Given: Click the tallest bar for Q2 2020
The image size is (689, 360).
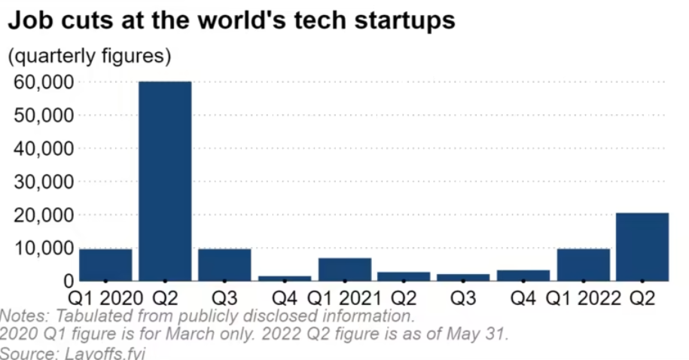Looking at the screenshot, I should (x=165, y=181).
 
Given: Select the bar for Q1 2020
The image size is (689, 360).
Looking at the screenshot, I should (x=105, y=265).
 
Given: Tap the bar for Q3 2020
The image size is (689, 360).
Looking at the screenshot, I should (x=224, y=265).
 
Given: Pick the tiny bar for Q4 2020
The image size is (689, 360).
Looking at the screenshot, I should (x=284, y=278).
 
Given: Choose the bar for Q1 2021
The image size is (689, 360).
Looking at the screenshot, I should (x=344, y=270).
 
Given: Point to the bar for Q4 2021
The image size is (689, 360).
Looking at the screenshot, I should (x=523, y=276).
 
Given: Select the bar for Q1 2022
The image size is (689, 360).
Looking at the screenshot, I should (x=583, y=265).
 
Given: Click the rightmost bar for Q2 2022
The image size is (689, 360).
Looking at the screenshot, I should (x=642, y=247).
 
